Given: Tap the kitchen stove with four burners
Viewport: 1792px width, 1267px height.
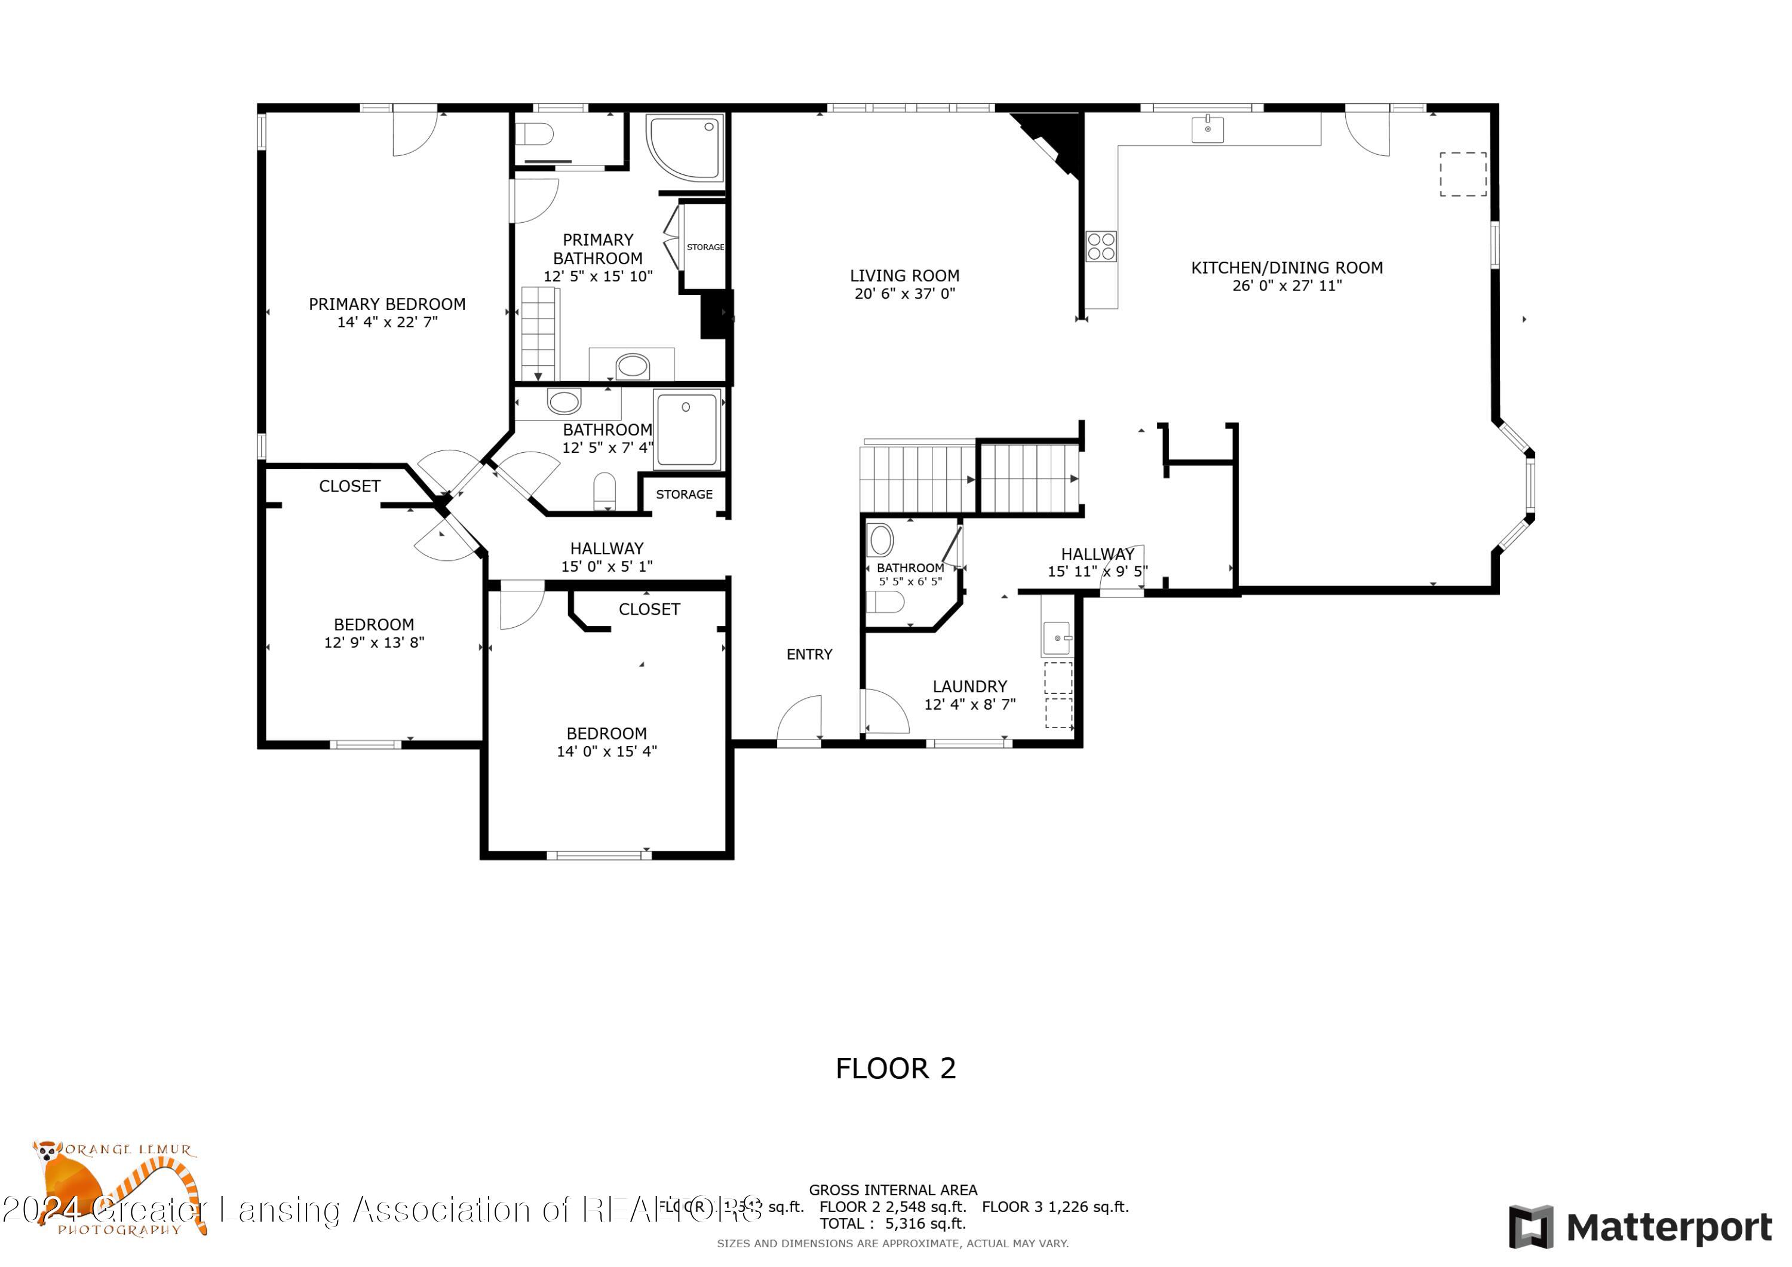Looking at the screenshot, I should click(1100, 246).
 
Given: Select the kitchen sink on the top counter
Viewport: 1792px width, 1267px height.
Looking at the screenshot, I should click(1207, 129).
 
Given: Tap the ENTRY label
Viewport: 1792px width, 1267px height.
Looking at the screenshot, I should click(809, 654).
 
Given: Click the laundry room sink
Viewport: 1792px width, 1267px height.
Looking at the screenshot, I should click(1057, 638).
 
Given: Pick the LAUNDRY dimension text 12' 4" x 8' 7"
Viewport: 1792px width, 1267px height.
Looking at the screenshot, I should click(969, 704).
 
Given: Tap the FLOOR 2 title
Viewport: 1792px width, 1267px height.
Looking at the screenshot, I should click(895, 1068).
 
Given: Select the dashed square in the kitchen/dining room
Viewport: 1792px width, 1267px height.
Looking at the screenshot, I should click(1463, 174).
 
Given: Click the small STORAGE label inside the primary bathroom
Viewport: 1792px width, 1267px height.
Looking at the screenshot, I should click(705, 247).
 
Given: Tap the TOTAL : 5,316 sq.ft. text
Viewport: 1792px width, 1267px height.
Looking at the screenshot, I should click(892, 1223).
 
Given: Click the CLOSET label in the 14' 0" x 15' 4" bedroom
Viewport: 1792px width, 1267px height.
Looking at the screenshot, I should click(649, 609).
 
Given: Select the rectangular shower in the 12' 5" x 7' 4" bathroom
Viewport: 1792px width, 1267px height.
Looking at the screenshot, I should click(687, 430).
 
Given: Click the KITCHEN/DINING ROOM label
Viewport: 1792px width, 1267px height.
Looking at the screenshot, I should click(1286, 268).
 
